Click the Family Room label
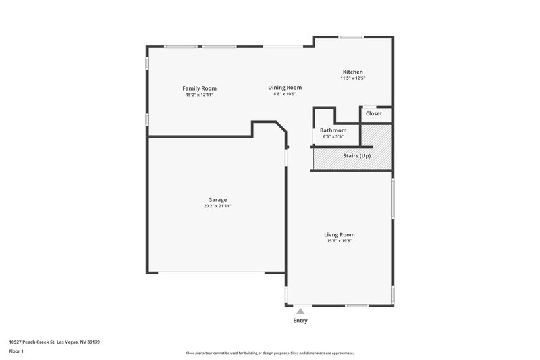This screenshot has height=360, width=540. (199, 88)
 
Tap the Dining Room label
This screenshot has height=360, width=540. (284, 88)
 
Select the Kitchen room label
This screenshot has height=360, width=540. (352, 72)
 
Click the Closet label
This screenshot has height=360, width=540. (373, 113)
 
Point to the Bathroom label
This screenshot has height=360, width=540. (333, 130)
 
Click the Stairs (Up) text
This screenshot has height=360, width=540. (356, 156)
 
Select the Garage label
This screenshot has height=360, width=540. (217, 199)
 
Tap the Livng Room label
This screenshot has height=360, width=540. (340, 234)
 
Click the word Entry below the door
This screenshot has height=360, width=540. (300, 321)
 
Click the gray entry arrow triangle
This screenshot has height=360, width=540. (300, 311)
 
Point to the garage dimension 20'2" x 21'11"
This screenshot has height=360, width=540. (217, 206)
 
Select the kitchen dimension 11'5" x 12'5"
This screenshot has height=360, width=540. (352, 78)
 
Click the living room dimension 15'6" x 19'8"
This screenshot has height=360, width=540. (340, 241)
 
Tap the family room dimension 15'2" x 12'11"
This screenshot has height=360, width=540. (199, 95)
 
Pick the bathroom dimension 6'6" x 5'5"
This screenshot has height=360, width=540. (333, 137)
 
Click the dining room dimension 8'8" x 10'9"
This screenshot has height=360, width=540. (284, 95)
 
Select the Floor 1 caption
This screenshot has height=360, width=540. (17, 351)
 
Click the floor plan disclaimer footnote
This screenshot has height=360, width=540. (269, 353)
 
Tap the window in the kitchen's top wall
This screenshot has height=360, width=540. (352, 36)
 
